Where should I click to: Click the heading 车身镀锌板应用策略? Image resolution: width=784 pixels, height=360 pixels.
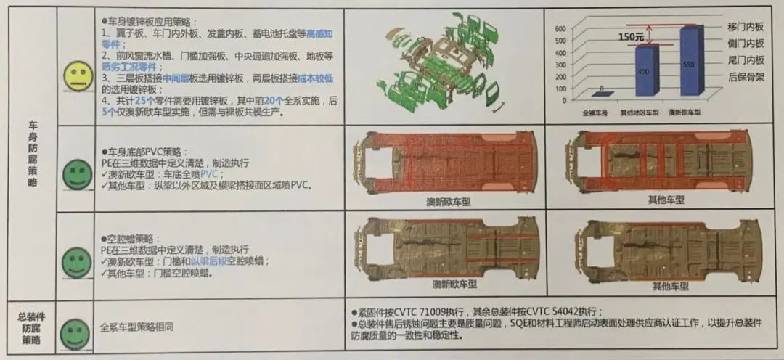pyautogui.click(x=151, y=22)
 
